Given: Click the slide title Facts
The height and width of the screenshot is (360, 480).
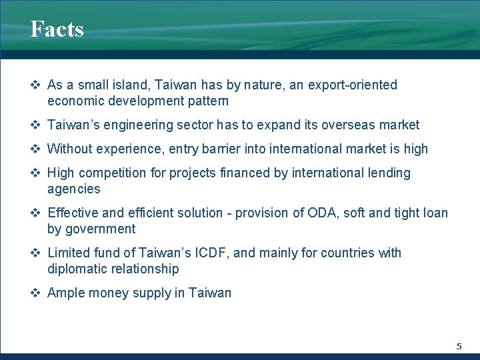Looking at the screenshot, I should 57,29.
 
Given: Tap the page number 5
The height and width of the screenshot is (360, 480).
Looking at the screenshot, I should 459,346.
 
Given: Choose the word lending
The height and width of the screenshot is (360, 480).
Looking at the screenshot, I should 388,173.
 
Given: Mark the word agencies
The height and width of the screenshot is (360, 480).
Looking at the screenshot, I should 73,189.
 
